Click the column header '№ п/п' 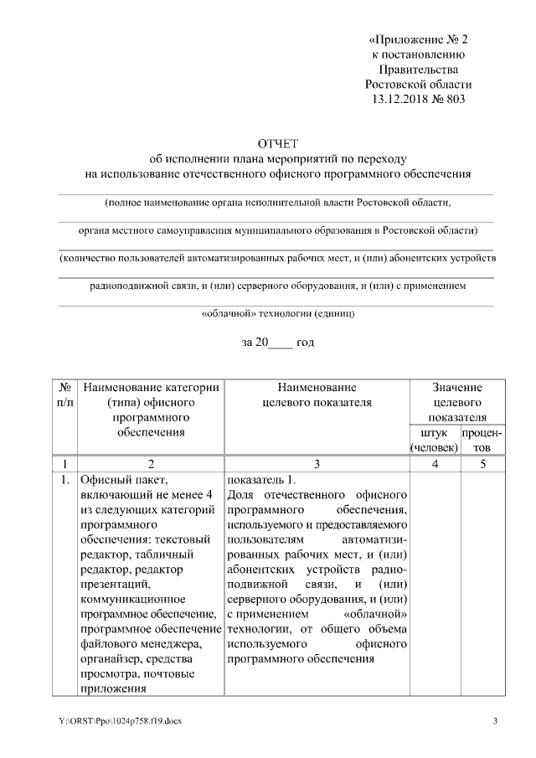[x=64, y=394]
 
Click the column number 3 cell [x=317, y=463]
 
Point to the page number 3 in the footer [x=495, y=722]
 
